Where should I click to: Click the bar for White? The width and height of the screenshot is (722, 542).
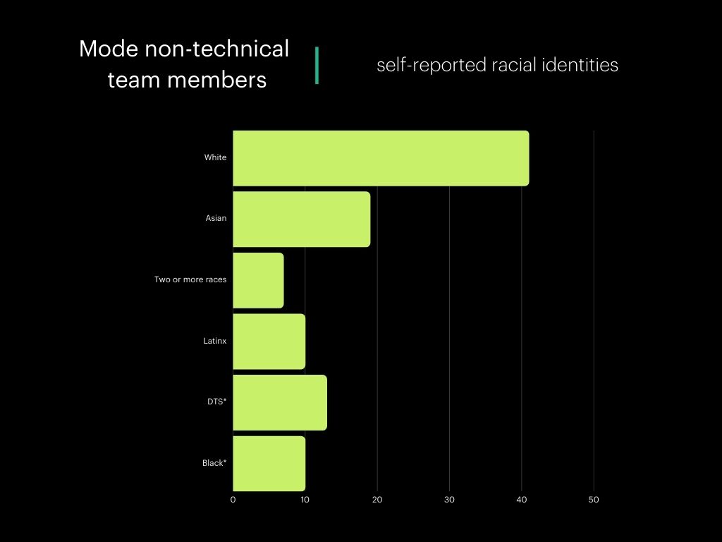click(381, 158)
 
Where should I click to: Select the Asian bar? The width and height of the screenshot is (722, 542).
click(301, 219)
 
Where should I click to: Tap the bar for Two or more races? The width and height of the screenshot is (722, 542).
click(258, 280)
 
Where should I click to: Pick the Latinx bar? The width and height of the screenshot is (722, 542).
click(269, 342)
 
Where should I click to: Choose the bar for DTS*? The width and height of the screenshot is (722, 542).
click(280, 402)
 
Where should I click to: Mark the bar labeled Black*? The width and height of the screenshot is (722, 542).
click(269, 464)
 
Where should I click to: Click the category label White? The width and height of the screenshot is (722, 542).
click(215, 158)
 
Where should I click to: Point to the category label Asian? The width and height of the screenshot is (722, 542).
click(216, 219)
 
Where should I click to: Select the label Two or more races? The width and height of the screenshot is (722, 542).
click(190, 280)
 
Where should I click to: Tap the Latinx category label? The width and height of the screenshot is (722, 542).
click(214, 342)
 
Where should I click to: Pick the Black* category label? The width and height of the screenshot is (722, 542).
click(214, 464)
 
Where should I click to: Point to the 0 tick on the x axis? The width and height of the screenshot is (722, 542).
click(233, 500)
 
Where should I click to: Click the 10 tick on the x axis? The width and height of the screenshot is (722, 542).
click(305, 500)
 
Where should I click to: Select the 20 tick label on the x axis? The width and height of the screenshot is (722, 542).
click(377, 500)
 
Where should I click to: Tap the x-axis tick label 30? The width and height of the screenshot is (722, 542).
click(449, 500)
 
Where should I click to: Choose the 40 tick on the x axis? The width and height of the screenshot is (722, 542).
click(521, 500)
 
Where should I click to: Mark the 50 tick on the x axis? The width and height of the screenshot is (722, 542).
click(594, 500)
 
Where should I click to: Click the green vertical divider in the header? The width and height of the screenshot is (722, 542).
click(317, 66)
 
